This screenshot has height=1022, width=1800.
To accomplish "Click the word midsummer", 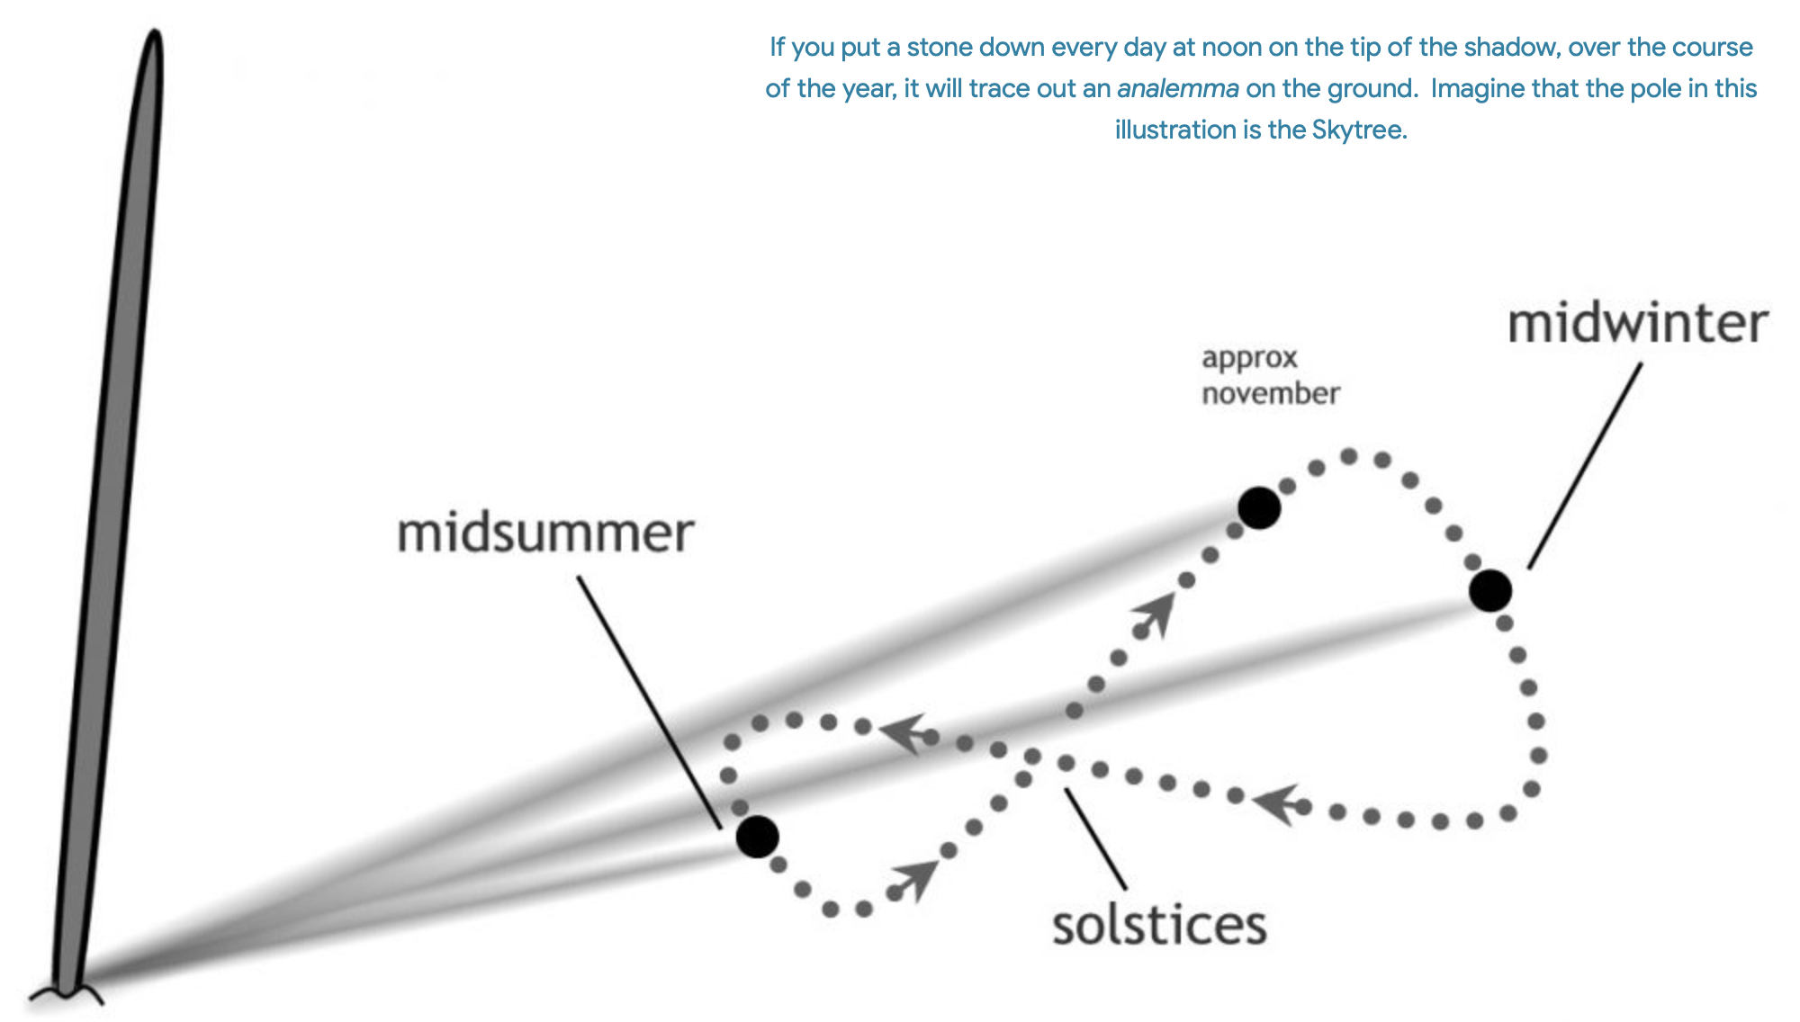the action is click(x=545, y=533).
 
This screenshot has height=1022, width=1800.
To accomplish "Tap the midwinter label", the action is click(x=1637, y=324).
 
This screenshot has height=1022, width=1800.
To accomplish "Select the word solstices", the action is click(x=1159, y=926).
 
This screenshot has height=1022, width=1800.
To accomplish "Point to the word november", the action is click(x=1270, y=394).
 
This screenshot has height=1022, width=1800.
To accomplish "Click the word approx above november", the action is click(x=1249, y=358).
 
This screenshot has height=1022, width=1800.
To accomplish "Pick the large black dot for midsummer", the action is click(x=757, y=837).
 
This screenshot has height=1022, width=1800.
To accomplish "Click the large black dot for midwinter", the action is click(x=1490, y=591).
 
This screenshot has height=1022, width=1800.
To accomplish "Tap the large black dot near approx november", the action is click(x=1259, y=508).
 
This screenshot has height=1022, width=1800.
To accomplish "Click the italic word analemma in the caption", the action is click(x=1177, y=89).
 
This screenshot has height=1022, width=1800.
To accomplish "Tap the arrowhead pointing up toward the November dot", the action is click(x=1156, y=612).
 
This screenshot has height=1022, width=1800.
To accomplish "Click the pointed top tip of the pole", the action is click(x=155, y=36).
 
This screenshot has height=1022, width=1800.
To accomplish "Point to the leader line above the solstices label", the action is click(x=1095, y=838).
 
